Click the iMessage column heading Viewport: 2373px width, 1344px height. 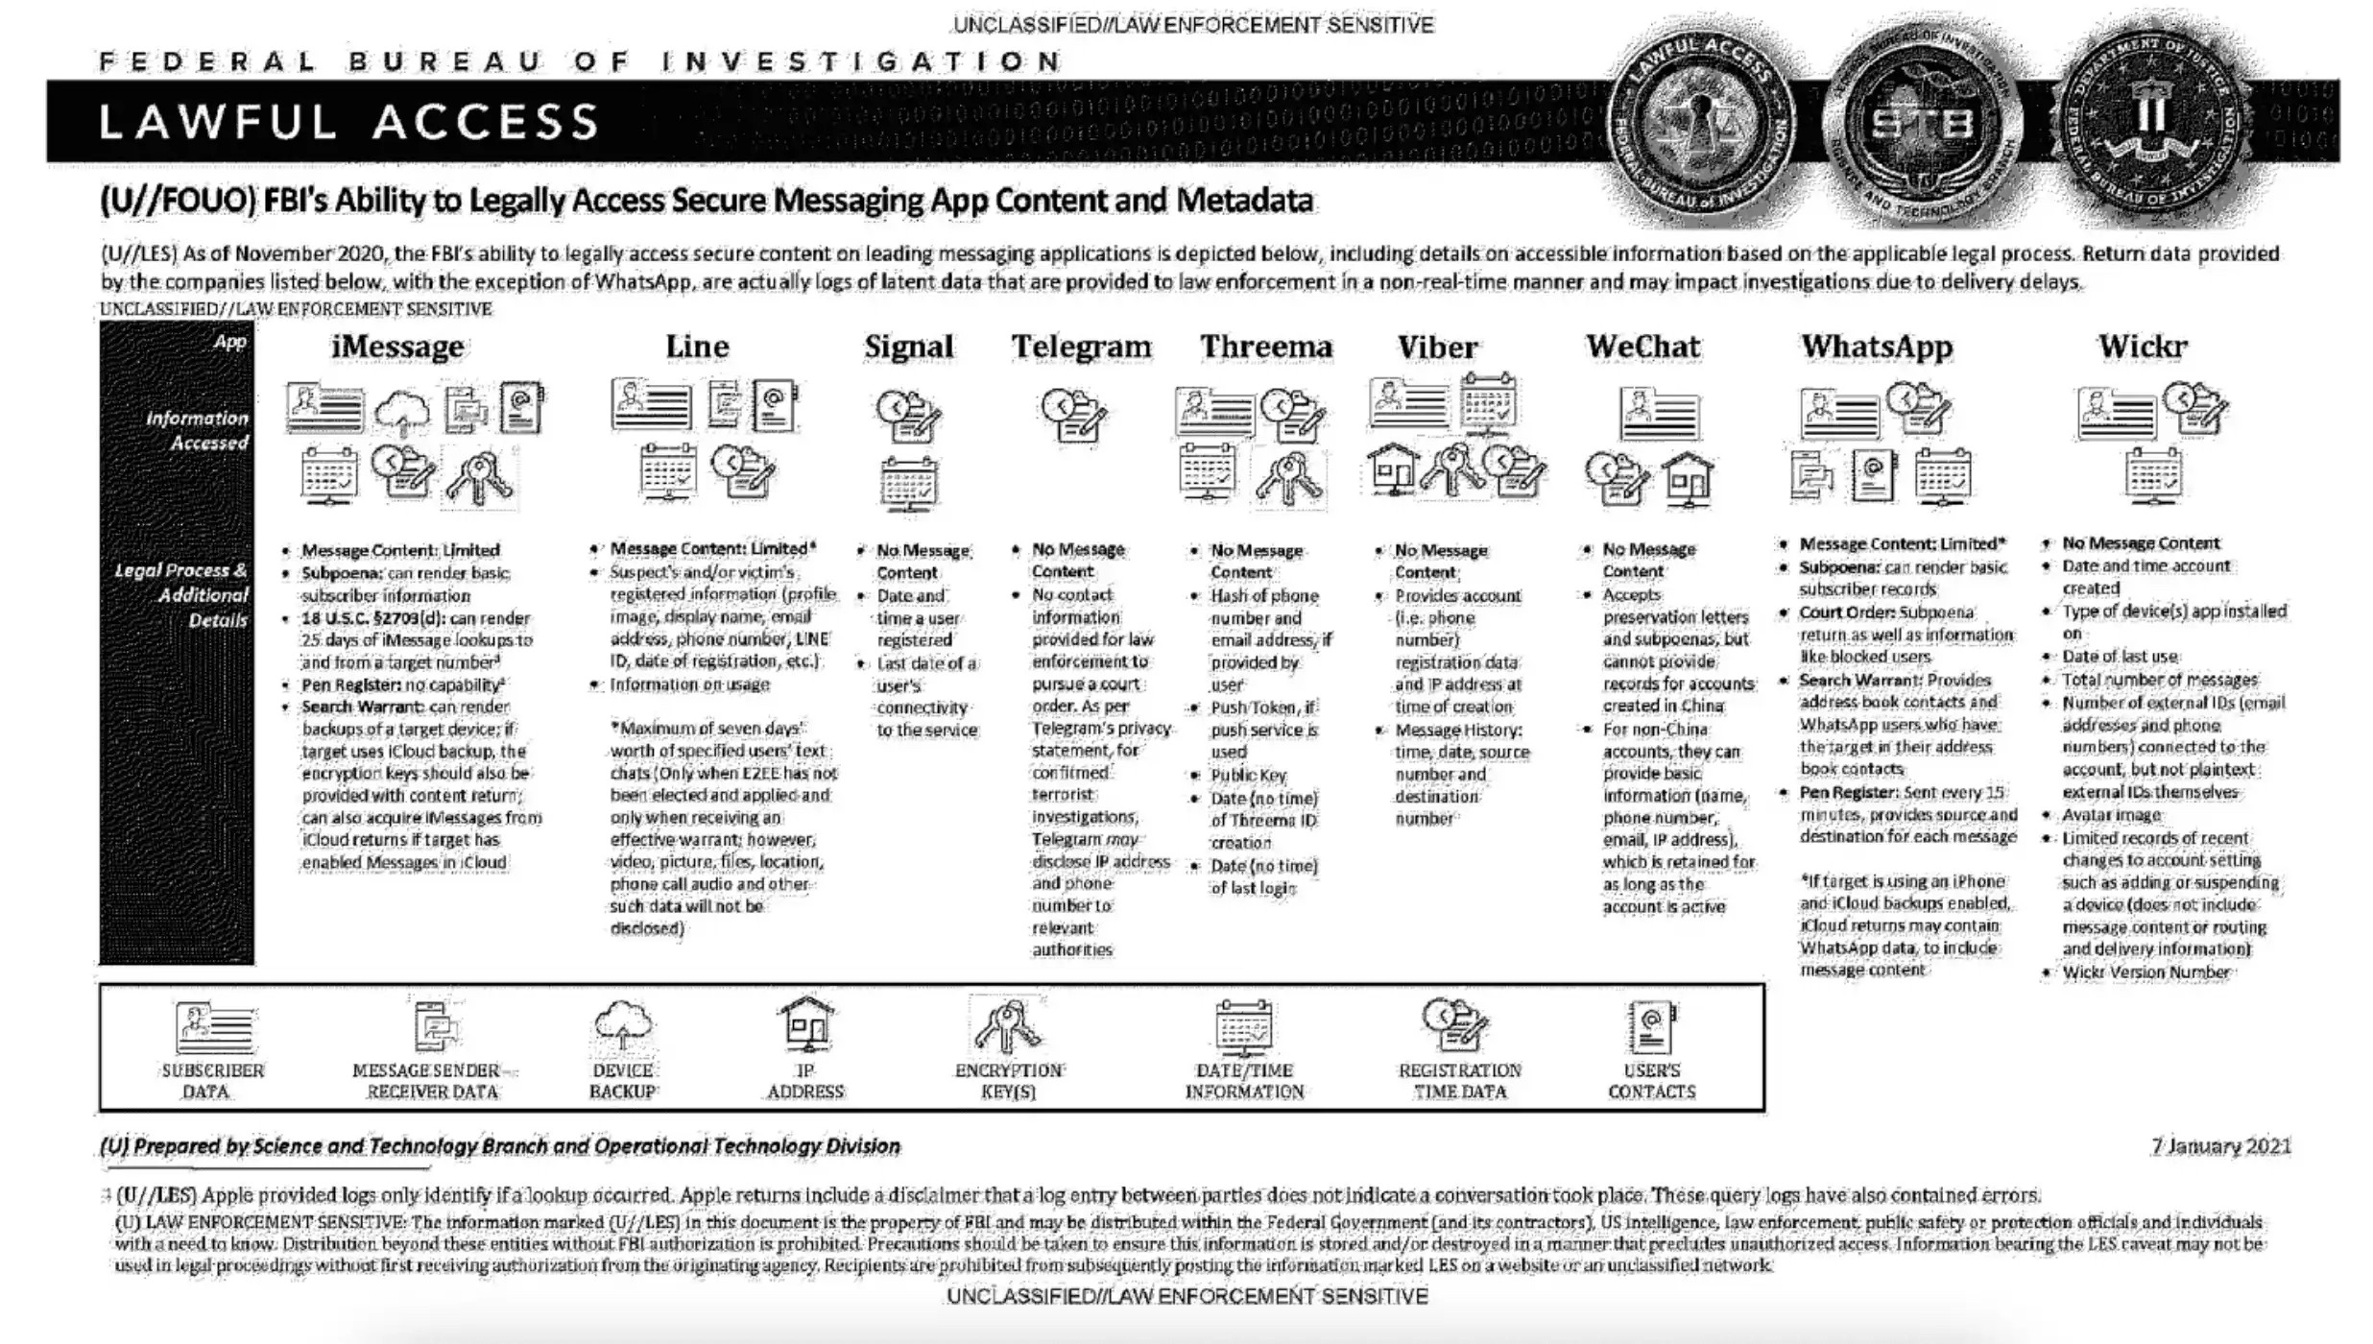[397, 347]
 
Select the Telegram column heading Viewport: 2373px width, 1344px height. [1081, 347]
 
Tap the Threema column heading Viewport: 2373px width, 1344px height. [1266, 347]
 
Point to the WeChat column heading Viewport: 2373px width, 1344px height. [1642, 347]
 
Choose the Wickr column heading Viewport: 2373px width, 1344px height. [2142, 347]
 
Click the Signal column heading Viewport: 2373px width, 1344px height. [908, 347]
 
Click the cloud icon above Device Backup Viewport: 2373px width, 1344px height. [623, 1025]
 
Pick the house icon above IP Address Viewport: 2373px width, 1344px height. [805, 1025]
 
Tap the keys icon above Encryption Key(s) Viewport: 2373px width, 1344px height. [1007, 1025]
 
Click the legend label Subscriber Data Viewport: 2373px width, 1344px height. [212, 1081]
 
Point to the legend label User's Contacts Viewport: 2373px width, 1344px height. [1651, 1081]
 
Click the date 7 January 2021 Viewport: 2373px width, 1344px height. [2220, 1146]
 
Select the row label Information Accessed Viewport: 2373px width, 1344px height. [197, 430]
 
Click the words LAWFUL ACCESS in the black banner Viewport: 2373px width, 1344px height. [349, 123]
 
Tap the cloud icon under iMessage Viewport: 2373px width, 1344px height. [402, 412]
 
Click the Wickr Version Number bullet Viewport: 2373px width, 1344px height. [2145, 972]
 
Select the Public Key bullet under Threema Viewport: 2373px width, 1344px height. [1248, 776]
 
